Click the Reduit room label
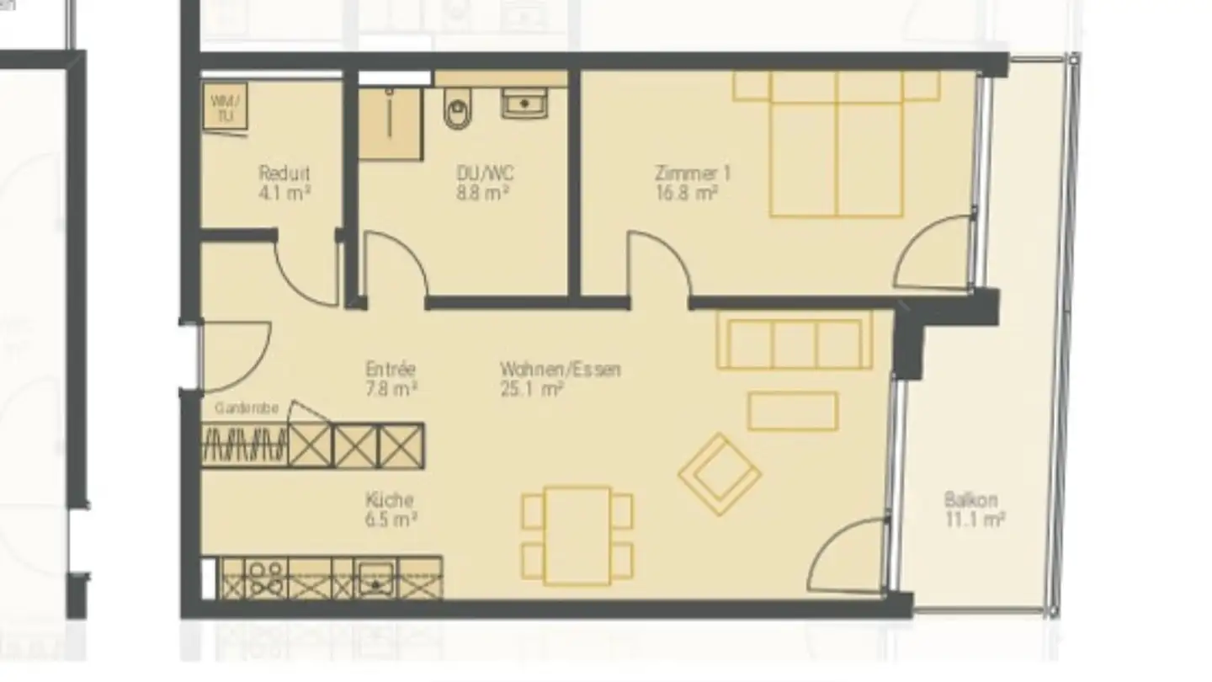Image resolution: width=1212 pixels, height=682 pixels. pos(284,173)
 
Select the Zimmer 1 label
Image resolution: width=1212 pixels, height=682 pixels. pos(693,173)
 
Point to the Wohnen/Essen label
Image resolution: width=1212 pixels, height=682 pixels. pos(560,369)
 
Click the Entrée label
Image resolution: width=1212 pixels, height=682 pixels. pos(391,369)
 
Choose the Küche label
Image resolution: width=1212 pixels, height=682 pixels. pos(389,499)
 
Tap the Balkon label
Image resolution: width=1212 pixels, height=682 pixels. pos(970,499)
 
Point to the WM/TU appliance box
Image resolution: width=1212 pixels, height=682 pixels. pos(225,107)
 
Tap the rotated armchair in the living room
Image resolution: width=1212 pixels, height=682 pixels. pos(719,474)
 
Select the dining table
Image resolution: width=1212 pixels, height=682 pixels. pos(577,535)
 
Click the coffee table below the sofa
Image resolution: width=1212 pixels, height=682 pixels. pos(792,412)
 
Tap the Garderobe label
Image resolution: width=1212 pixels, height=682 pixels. pos(246,408)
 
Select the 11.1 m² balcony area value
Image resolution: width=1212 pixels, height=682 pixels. pos(975,519)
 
